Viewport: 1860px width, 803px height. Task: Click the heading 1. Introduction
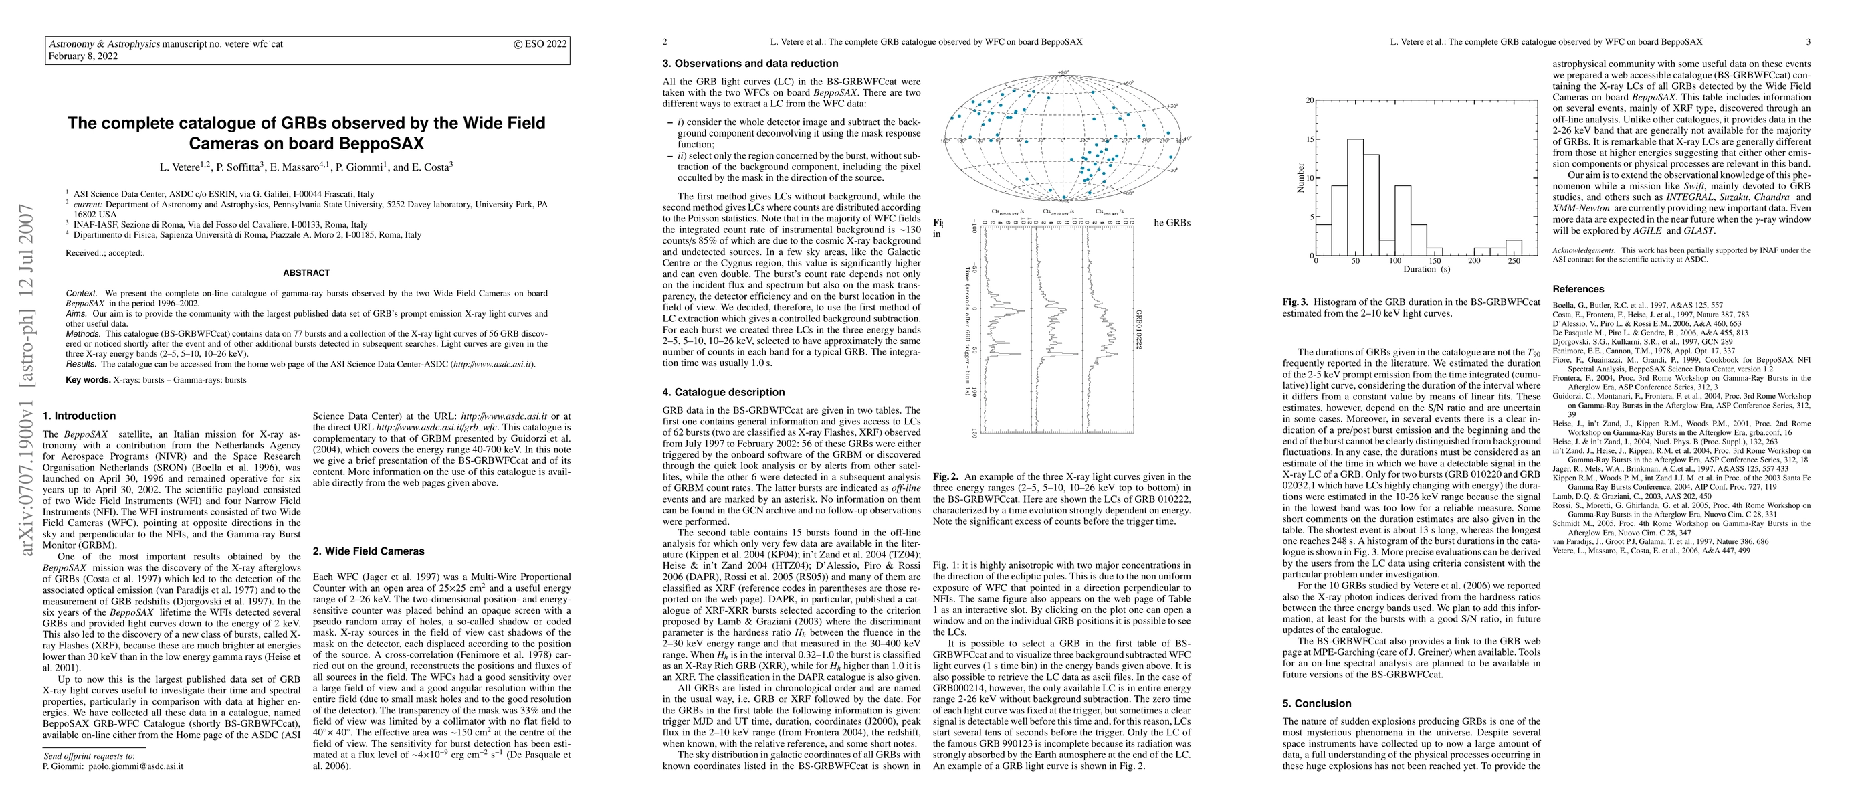(x=80, y=416)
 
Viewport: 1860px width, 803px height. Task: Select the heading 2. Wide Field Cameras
(x=369, y=551)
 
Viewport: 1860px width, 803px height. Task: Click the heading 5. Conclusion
(x=1316, y=703)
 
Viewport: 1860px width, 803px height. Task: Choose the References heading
(x=1578, y=290)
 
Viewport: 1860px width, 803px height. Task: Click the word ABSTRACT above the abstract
(x=306, y=273)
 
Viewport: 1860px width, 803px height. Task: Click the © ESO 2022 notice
(x=540, y=44)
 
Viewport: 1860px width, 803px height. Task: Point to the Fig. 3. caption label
(x=1296, y=302)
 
